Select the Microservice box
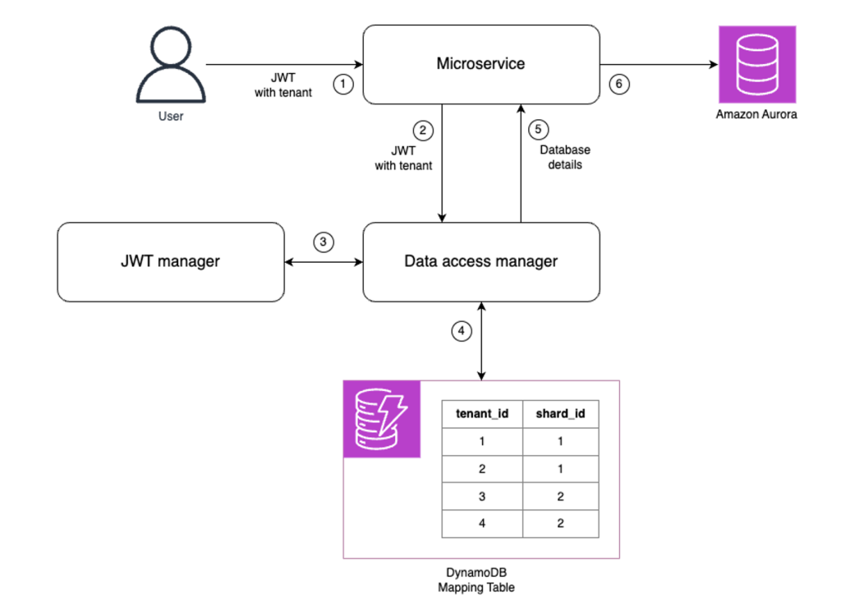480,64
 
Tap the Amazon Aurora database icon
756,64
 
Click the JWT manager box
170,261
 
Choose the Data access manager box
480,261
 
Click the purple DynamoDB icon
381,419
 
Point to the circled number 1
343,83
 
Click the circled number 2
422,130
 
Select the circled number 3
324,242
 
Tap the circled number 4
462,331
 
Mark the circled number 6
619,83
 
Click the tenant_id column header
482,413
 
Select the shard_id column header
560,413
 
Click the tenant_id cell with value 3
482,495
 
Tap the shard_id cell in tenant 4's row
560,523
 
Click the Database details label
564,157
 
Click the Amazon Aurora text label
756,115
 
